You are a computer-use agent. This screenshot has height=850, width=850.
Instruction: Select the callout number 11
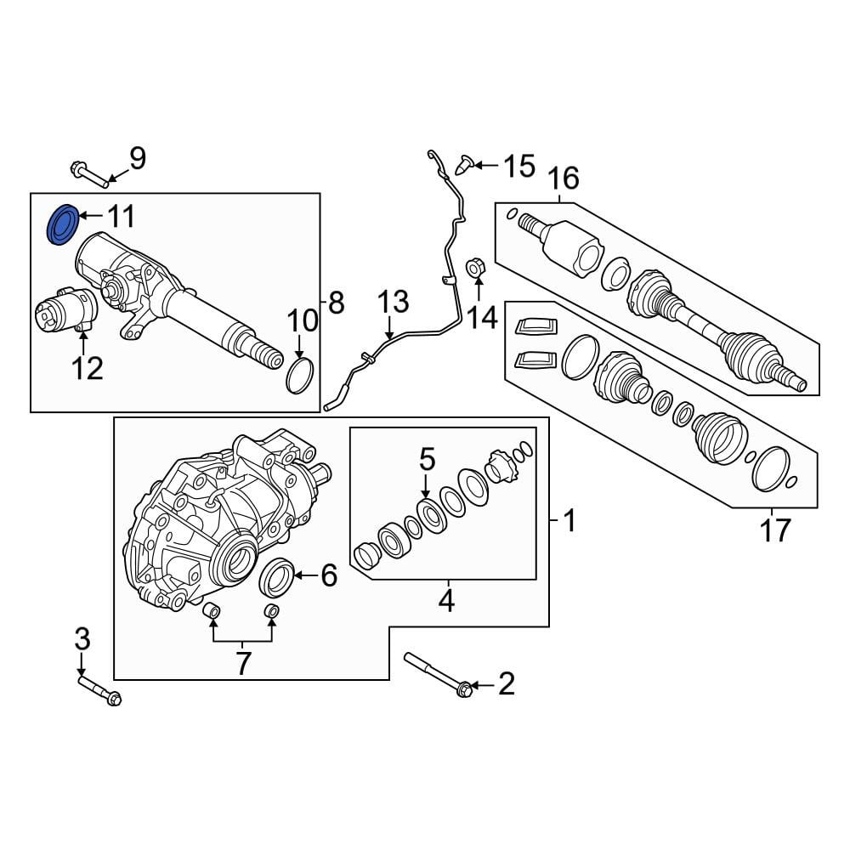click(121, 216)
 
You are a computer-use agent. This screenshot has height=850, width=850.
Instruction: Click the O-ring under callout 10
click(300, 375)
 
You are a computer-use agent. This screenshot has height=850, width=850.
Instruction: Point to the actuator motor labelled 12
click(65, 310)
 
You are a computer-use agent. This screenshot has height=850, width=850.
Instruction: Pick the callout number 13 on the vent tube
click(393, 302)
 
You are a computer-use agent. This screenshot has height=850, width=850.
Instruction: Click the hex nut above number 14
click(476, 267)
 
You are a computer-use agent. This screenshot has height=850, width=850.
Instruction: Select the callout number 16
click(564, 178)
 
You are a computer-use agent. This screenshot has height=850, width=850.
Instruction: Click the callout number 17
click(775, 530)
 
